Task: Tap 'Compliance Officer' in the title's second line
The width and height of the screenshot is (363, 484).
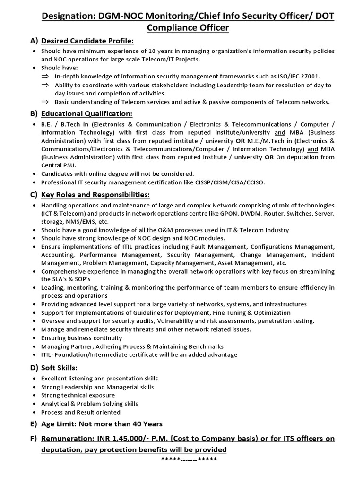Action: [x=188, y=28]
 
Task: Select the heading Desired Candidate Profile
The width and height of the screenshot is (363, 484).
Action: [x=87, y=42]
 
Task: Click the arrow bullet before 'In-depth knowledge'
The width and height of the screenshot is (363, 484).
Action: [x=45, y=77]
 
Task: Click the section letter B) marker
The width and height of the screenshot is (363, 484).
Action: [x=33, y=114]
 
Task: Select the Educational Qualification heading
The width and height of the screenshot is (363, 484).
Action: [x=86, y=114]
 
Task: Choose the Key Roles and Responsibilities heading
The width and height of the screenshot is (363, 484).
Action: [x=95, y=195]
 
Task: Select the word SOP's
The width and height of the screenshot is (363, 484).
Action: [x=80, y=279]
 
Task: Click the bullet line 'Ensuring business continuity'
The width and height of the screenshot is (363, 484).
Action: [x=81, y=338]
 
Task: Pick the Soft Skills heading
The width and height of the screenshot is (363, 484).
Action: [x=59, y=367]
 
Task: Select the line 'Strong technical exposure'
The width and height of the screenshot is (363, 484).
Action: [x=78, y=395]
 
